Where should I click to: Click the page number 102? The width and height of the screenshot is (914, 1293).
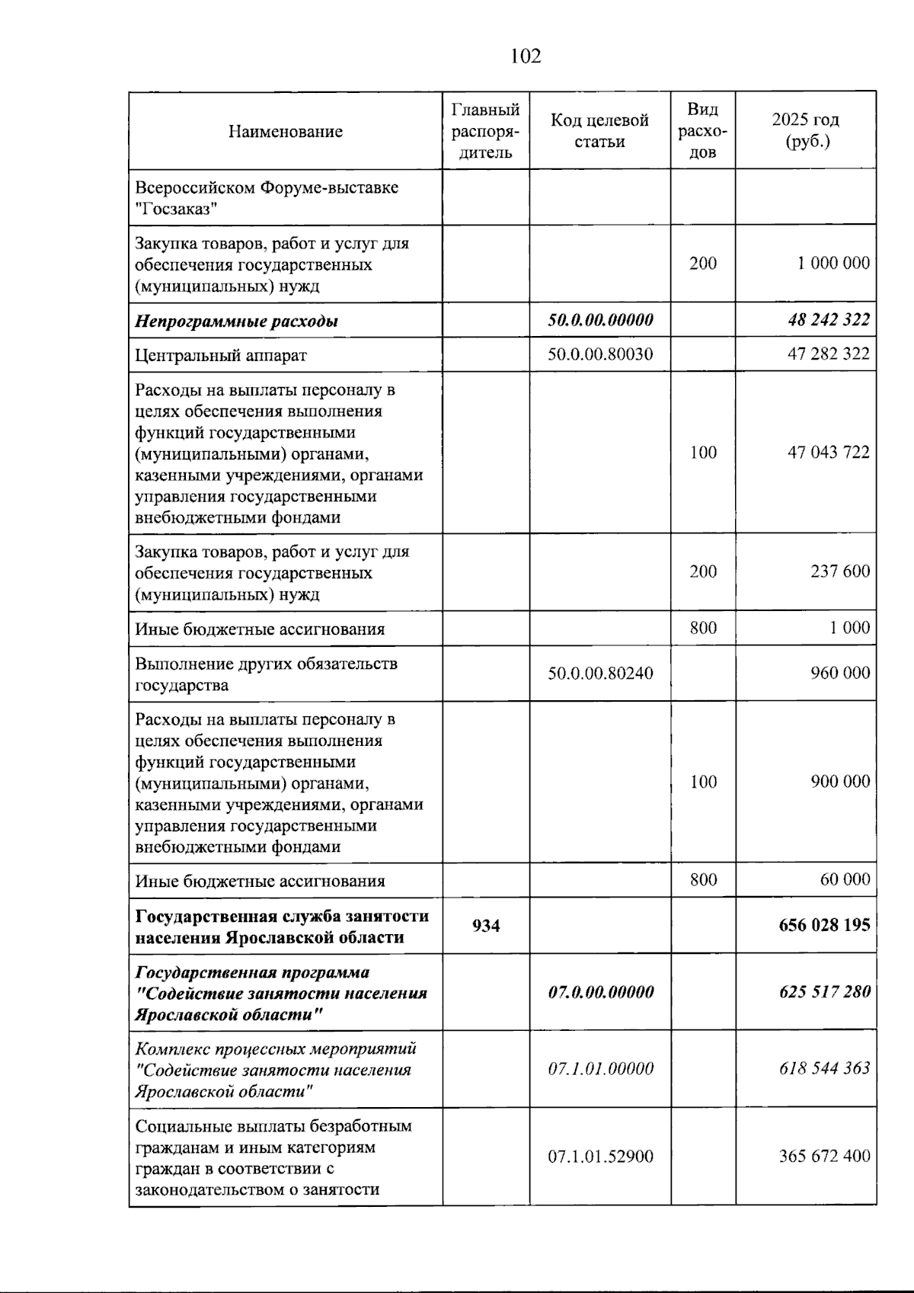(x=526, y=56)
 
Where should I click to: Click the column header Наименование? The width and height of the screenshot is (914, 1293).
(x=285, y=131)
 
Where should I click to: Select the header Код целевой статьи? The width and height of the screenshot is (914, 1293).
(x=599, y=130)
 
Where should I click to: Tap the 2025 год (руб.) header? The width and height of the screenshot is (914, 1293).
(x=806, y=130)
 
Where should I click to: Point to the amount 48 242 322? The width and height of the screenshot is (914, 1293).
(x=828, y=320)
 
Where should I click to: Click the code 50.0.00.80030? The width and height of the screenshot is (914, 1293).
(x=600, y=354)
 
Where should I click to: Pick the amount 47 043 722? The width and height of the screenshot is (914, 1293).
(x=828, y=453)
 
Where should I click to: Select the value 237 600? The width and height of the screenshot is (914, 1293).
(x=839, y=571)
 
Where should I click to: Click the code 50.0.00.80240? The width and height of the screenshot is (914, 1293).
(x=600, y=674)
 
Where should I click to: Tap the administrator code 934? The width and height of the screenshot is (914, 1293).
(x=486, y=926)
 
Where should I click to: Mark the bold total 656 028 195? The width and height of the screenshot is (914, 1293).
(x=823, y=925)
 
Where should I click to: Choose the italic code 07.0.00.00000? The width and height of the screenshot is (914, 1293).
(x=600, y=992)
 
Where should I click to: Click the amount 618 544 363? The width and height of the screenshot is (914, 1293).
(x=823, y=1068)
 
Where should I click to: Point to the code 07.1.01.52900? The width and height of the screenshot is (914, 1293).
(x=600, y=1157)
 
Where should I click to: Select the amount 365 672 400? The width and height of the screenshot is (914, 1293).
(x=823, y=1156)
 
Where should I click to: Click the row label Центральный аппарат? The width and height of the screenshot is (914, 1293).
(x=221, y=355)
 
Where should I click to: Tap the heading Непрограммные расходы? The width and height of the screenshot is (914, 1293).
(x=236, y=321)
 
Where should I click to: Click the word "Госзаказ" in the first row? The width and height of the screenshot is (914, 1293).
(x=177, y=210)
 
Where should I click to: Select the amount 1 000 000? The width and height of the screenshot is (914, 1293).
(x=833, y=264)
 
